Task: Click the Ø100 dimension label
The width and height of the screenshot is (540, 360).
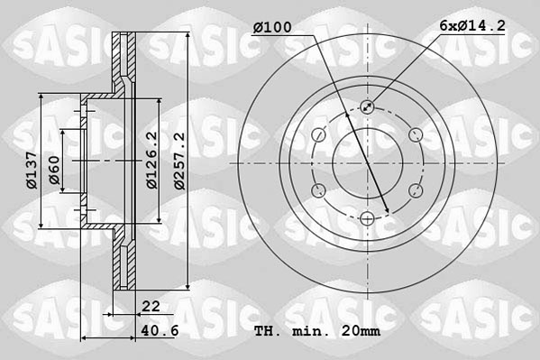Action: pyautogui.click(x=272, y=28)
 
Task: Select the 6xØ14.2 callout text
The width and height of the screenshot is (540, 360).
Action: pyautogui.click(x=472, y=28)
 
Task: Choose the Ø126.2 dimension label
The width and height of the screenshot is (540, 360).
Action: pyautogui.click(x=152, y=160)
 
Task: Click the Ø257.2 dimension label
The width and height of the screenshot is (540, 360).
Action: pyautogui.click(x=179, y=162)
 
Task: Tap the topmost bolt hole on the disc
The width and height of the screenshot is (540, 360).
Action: pyautogui.click(x=367, y=107)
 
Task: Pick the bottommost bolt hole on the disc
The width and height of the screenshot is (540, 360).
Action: pyautogui.click(x=367, y=217)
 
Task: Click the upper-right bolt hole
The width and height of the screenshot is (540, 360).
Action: pyautogui.click(x=415, y=134)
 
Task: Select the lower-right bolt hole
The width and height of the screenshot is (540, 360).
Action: pyautogui.click(x=415, y=190)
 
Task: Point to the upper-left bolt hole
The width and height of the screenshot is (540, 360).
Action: pyautogui.click(x=319, y=134)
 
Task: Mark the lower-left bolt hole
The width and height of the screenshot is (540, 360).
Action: pyautogui.click(x=319, y=190)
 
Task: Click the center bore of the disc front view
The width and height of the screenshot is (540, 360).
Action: pyautogui.click(x=367, y=162)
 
